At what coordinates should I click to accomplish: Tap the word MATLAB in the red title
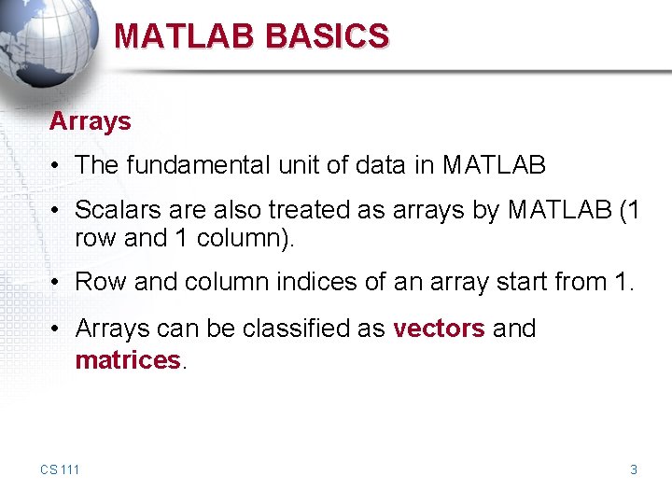coord(185,36)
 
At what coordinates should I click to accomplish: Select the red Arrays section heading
coord(90,121)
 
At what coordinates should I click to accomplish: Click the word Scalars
coord(114,211)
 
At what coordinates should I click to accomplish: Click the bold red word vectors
coord(439,329)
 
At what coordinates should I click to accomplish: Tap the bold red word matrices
coord(128,360)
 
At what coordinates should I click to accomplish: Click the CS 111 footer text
coord(60,469)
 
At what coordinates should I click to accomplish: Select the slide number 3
coord(634,469)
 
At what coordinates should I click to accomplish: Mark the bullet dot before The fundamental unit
coord(57,167)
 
